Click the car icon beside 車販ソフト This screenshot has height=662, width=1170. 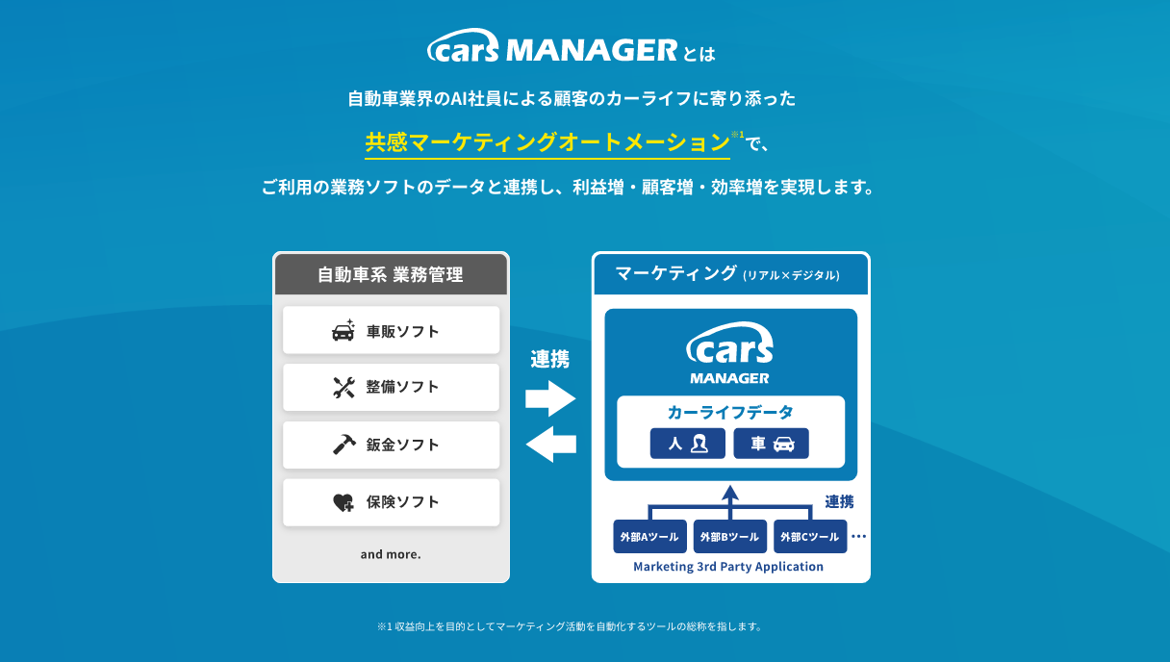343,331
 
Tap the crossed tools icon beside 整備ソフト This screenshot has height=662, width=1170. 343,387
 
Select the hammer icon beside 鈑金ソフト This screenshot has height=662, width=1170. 344,445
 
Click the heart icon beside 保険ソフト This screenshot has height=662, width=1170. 343,502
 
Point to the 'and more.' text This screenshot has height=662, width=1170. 391,554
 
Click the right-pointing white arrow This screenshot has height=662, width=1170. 550,398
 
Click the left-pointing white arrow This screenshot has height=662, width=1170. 550,445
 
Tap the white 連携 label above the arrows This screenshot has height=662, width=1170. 550,360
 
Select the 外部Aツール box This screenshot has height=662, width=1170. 649,536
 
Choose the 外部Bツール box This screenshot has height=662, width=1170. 729,536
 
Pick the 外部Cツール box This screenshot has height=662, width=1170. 810,536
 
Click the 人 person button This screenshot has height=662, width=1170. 687,444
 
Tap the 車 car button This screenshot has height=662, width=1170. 771,444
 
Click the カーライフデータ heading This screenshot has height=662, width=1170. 730,413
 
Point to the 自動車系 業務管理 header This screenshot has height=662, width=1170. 391,275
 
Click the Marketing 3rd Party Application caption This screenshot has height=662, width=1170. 728,567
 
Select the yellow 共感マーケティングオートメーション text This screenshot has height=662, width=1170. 547,142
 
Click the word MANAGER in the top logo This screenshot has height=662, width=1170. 592,50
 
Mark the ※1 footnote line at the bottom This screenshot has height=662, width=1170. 570,626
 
